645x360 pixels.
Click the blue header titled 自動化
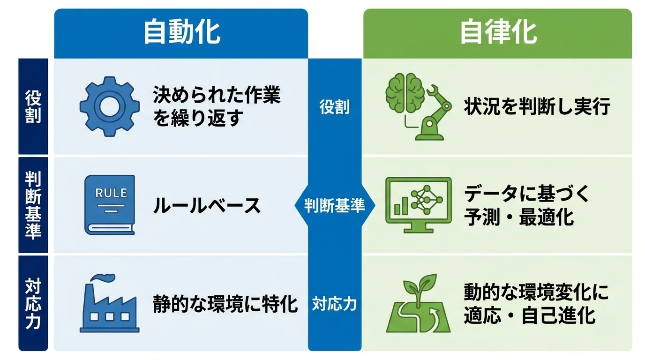181,33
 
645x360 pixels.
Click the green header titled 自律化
497,33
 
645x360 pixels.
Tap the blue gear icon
110,106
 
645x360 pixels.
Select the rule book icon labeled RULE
110,205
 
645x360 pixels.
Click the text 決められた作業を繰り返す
217,107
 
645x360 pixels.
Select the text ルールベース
207,206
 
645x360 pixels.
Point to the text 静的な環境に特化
225,304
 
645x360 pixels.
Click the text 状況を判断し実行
537,107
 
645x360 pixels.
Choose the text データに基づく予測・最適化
526,205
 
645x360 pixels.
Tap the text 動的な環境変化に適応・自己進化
536,304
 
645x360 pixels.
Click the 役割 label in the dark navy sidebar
33,107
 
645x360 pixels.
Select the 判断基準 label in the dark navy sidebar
33,205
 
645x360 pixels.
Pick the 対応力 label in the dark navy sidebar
33,304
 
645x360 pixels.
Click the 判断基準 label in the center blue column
335,205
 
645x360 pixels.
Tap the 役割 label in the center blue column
335,107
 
